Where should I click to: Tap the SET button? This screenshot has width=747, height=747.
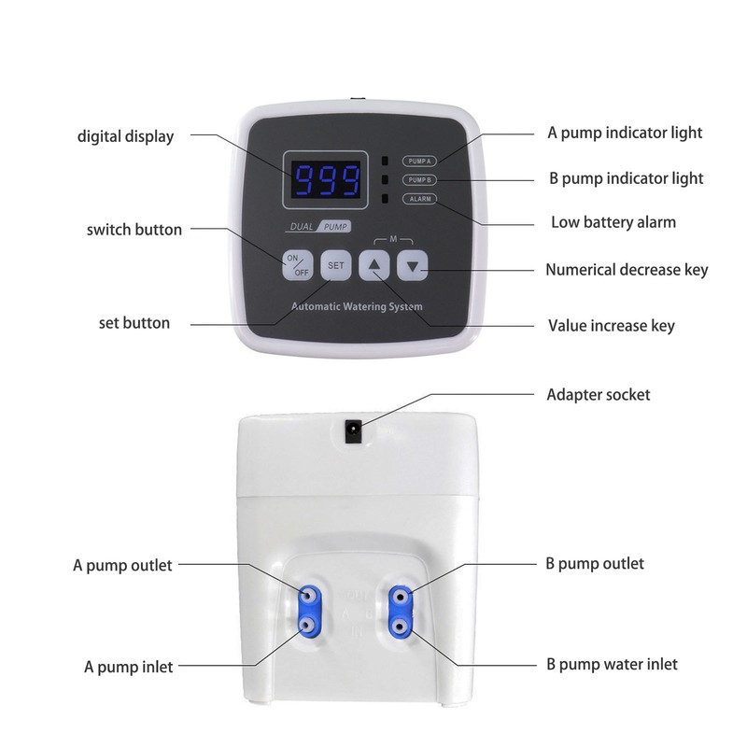336,266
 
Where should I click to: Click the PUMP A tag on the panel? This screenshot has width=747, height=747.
419,160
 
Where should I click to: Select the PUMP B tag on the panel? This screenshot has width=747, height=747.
419,179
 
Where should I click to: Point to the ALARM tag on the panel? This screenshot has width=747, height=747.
418,199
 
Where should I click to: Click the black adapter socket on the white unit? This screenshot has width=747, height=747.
354,430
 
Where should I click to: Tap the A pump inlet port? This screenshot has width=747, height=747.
307,625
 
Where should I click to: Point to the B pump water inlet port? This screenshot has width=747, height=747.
400,625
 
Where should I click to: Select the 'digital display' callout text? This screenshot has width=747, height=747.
125,136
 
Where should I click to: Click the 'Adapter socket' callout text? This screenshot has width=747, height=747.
598,394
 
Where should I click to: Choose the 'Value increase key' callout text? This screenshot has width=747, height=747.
611,326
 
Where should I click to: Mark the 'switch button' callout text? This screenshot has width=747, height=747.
134,229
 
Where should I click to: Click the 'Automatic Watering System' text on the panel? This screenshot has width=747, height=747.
357,306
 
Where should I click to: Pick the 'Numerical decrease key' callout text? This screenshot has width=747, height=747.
627,270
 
